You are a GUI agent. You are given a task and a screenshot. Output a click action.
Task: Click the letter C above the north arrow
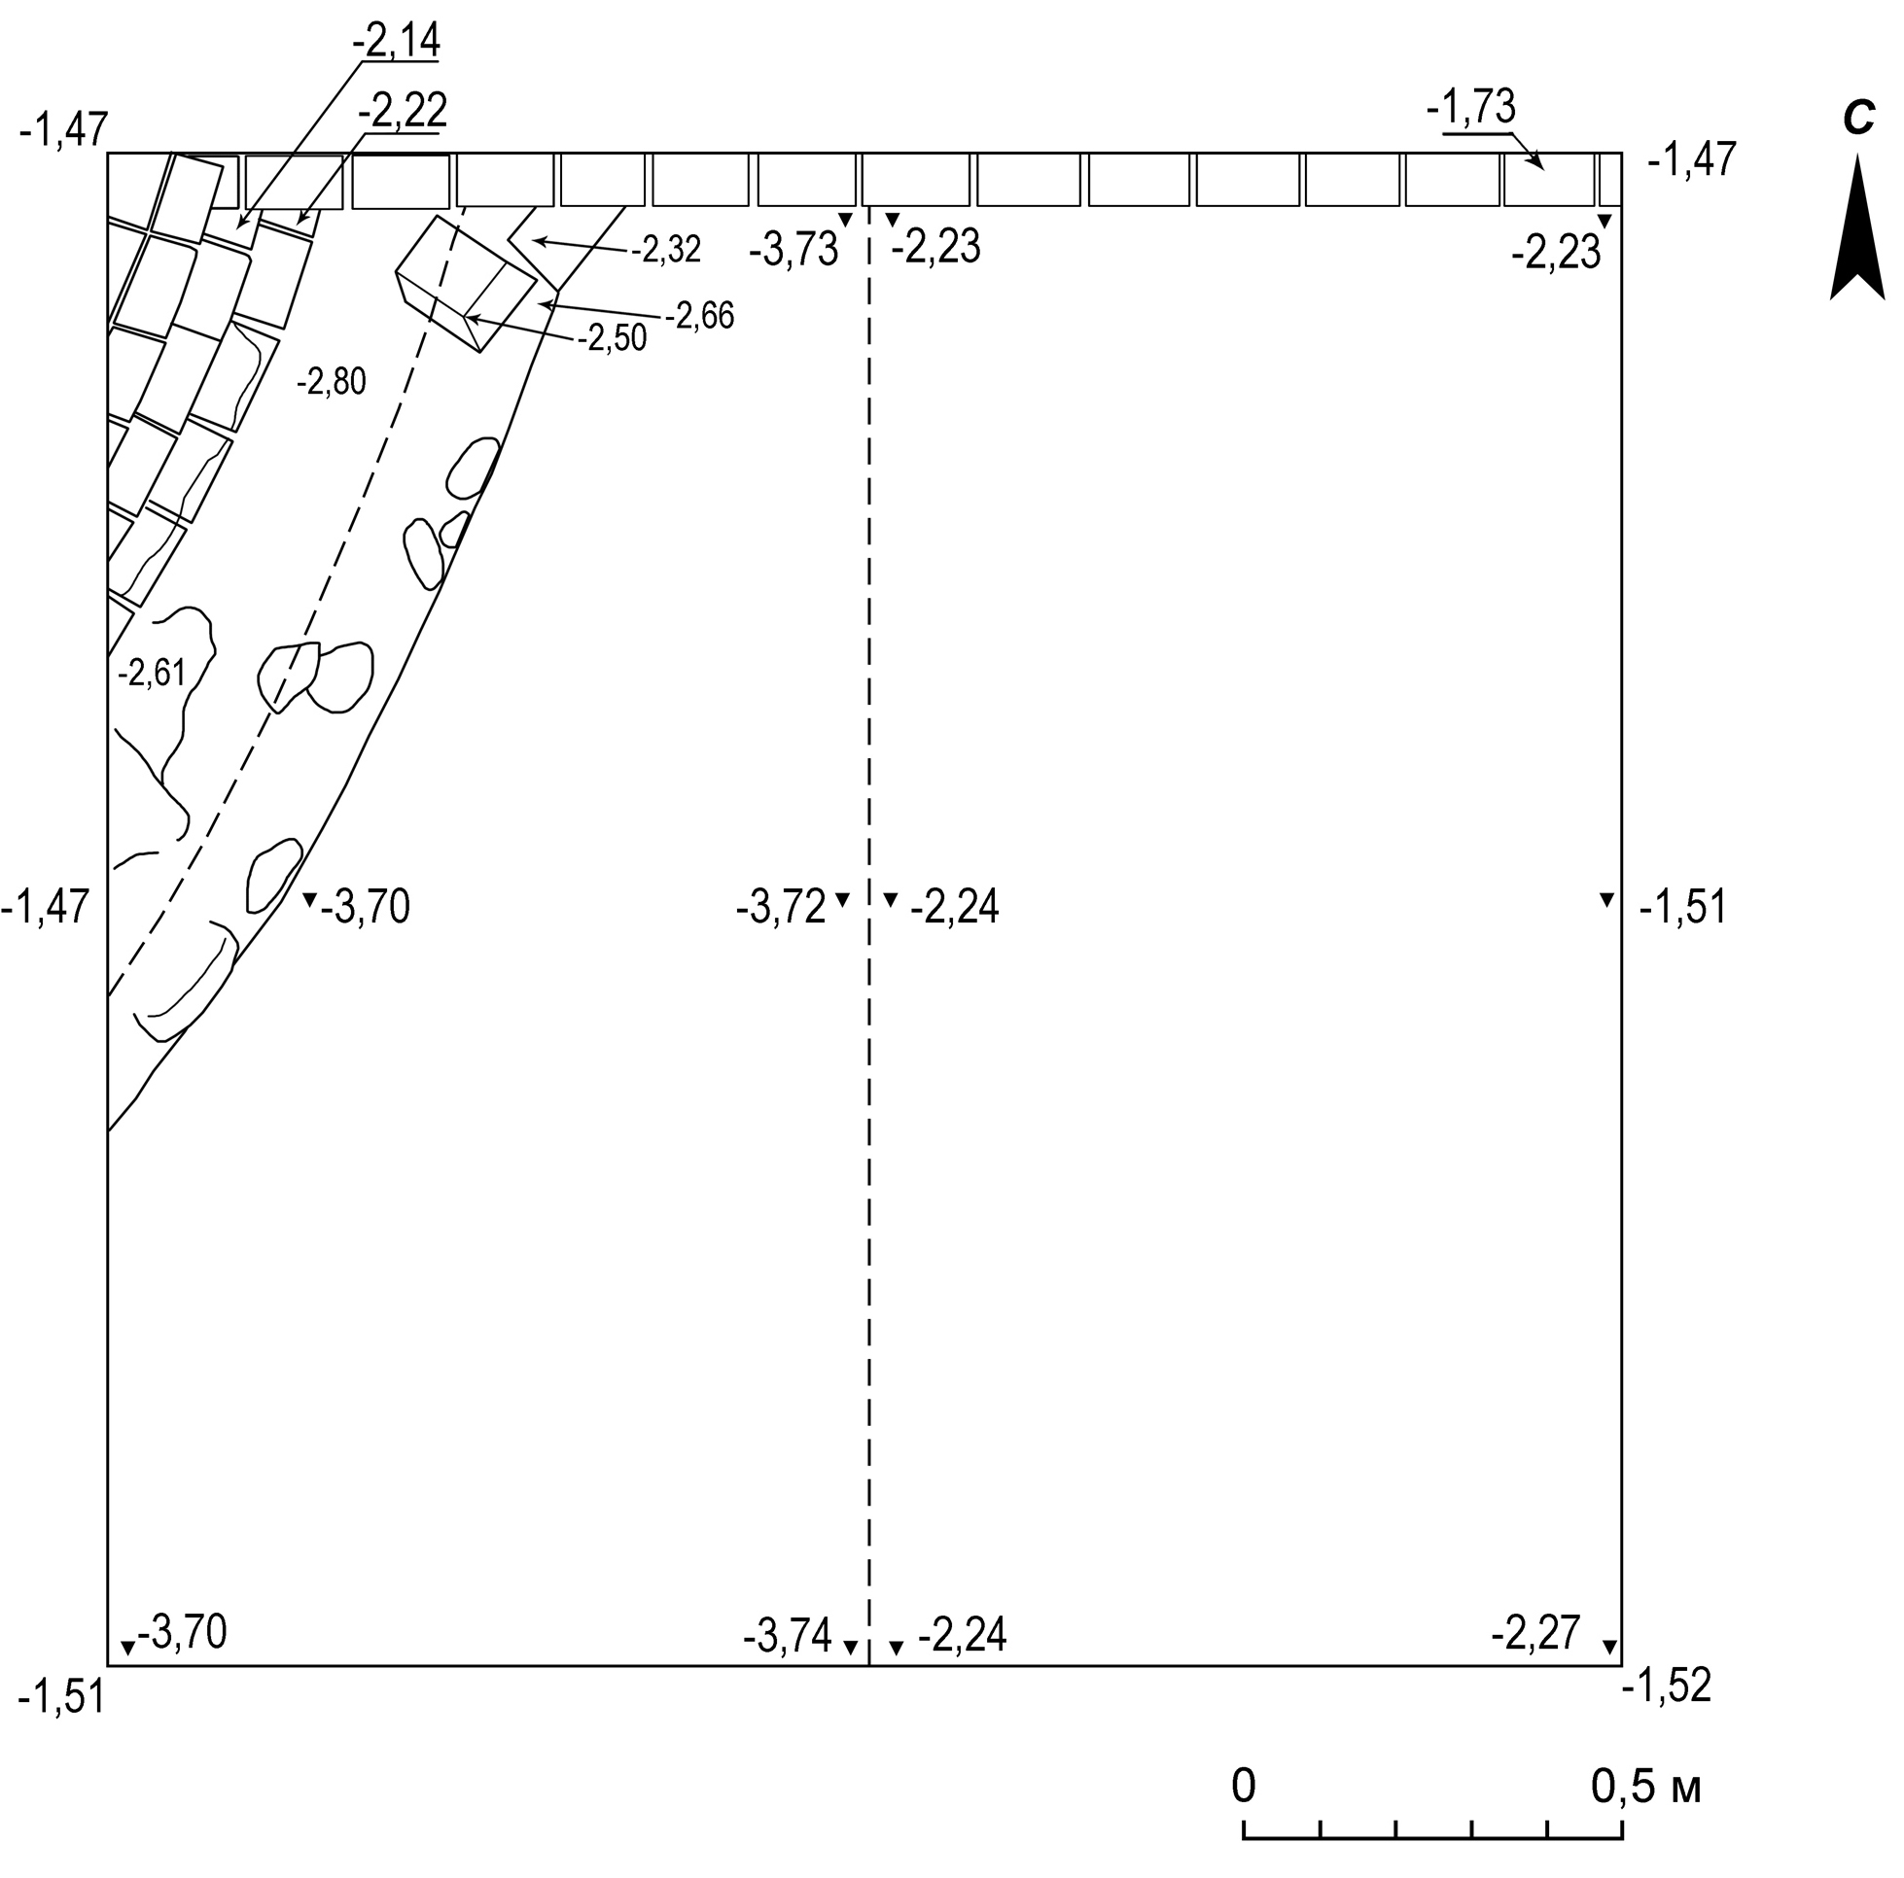(x=1857, y=120)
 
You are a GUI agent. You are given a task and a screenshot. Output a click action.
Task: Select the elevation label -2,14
(x=396, y=39)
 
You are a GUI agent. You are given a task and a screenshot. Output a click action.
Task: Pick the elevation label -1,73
(x=1471, y=106)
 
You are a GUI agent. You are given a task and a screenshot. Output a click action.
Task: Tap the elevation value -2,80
(x=332, y=380)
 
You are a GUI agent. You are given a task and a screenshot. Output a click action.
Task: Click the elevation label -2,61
(x=152, y=673)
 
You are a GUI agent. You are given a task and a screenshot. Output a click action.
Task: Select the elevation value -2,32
(x=666, y=250)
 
